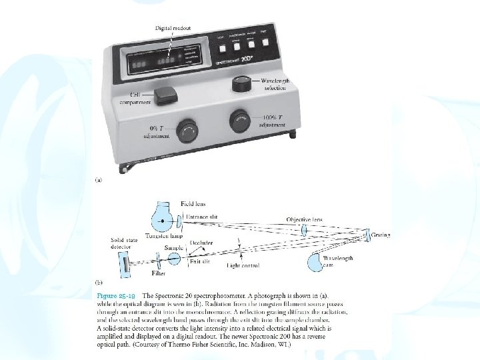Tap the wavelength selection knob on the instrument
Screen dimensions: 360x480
[242, 84]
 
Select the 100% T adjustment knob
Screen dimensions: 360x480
[241, 121]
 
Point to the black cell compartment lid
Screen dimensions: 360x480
[163, 97]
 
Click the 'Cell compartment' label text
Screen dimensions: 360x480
[135, 99]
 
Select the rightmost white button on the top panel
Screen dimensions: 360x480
[266, 43]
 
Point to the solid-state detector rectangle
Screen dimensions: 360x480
[126, 266]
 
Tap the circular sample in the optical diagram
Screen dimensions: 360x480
[173, 259]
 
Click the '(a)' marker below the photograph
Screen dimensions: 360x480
[99, 180]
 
